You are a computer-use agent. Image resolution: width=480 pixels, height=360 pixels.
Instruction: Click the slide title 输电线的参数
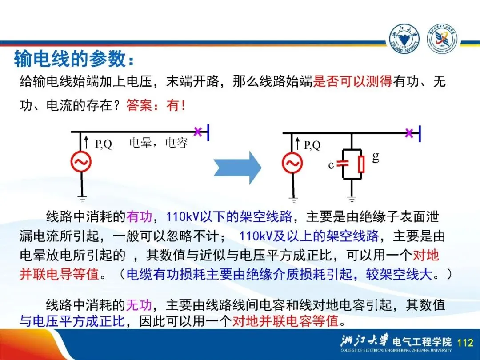[73, 59]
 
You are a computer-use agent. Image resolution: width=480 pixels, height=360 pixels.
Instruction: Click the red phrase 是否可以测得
[352, 82]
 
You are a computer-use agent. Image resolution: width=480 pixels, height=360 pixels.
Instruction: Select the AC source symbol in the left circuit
[81, 162]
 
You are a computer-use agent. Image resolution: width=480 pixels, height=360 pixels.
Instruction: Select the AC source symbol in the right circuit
[292, 163]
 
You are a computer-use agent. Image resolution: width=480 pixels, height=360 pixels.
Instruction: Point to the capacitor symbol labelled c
[343, 163]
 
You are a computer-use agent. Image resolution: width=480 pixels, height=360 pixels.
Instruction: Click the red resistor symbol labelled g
[361, 164]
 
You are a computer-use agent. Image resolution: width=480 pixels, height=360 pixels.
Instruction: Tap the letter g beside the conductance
[376, 156]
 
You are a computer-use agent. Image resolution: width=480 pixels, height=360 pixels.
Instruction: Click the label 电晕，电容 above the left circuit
[158, 143]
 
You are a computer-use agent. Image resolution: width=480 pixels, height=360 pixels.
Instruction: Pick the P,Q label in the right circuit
[312, 145]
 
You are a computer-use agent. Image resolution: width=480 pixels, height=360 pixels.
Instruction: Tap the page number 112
[465, 342]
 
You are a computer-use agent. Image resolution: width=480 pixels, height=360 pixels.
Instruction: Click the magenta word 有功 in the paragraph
[139, 216]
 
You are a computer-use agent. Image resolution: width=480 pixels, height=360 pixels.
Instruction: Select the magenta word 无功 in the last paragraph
[139, 305]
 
